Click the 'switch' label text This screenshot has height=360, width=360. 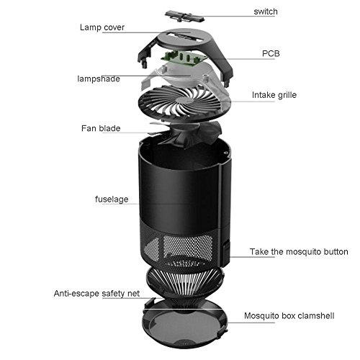[266, 12]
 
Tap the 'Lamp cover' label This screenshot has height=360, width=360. [102, 27]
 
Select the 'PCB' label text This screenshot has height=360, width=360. [271, 53]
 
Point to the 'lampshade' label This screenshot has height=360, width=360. [99, 78]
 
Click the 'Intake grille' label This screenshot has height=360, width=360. [274, 95]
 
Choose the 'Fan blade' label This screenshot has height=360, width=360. [101, 128]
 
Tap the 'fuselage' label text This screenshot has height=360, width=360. [112, 199]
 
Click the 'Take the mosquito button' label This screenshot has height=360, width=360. [299, 252]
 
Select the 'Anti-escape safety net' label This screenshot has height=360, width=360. [96, 294]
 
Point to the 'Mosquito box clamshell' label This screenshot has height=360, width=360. [289, 315]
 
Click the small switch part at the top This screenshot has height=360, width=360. [184, 16]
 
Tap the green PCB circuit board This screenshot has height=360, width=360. [184, 58]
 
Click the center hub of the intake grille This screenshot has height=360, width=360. [184, 101]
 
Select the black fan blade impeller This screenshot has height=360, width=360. [186, 135]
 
